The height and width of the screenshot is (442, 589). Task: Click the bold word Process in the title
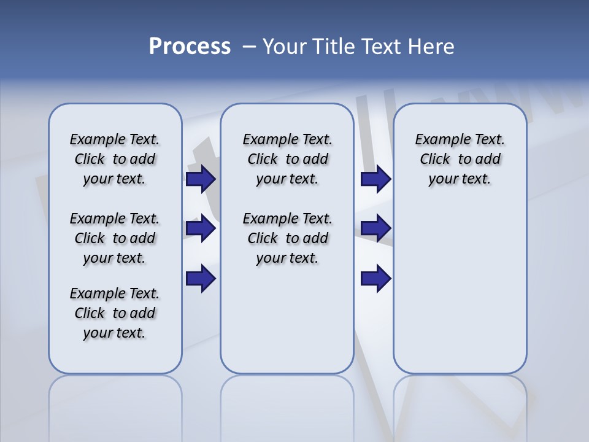190,47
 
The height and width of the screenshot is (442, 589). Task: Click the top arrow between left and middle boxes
200,179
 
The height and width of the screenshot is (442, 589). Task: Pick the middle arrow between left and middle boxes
200,229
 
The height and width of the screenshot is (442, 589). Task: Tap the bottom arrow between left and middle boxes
200,279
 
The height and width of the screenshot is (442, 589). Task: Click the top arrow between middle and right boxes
375,179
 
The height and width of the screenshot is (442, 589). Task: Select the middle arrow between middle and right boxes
375,229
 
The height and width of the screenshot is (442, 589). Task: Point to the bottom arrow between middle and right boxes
375,279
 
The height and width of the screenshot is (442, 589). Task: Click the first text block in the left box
115,160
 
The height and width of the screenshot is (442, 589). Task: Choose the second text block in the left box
115,238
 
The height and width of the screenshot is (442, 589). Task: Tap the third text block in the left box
115,313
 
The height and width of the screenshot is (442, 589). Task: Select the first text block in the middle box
287,160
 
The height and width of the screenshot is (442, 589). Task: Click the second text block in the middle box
287,238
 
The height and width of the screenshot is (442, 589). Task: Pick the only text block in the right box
460,160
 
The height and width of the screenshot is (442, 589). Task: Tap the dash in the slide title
249,47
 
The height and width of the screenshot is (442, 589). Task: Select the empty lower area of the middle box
287,319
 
